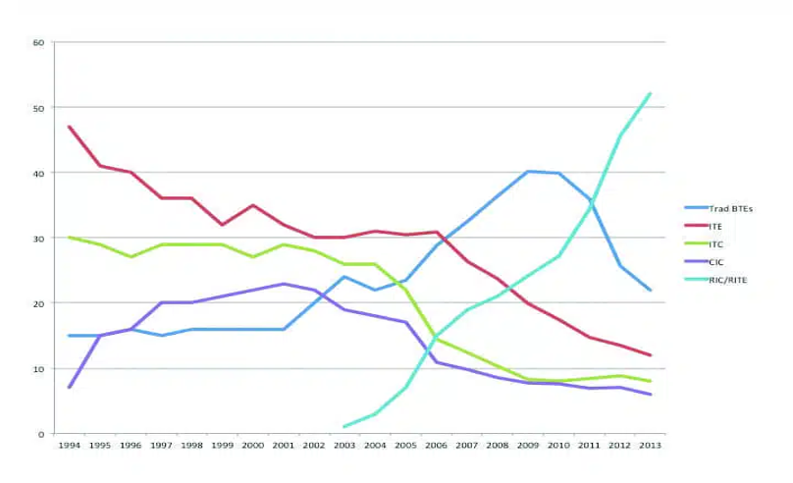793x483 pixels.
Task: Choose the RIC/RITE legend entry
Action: coord(722,279)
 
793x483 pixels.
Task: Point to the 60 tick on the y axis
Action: coord(38,42)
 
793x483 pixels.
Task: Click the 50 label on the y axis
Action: coord(38,107)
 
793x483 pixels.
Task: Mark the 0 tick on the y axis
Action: coord(41,434)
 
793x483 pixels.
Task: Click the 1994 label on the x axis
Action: coord(70,446)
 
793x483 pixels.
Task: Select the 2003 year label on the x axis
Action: coord(344,446)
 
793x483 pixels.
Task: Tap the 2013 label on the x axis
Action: coord(649,446)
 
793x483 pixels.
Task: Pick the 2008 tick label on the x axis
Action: coord(497,446)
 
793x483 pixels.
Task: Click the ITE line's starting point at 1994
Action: coord(70,127)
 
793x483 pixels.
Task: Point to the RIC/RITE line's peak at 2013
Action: coord(650,93)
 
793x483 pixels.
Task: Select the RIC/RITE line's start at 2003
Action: coord(344,427)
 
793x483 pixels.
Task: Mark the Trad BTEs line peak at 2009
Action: coord(528,172)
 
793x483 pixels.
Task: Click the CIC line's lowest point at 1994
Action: coord(70,387)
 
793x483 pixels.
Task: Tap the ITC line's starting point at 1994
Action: coord(70,238)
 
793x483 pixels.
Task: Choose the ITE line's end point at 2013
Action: coord(650,355)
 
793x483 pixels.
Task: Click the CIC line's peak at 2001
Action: coord(283,284)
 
